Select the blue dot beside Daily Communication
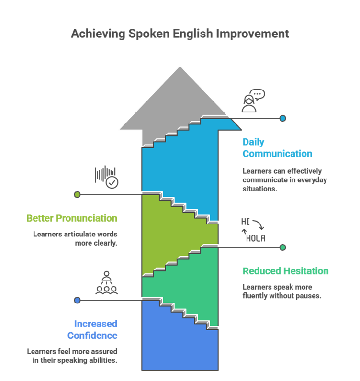pos(283,118)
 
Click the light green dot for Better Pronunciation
pos(77,194)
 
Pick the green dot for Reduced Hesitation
pos(283,247)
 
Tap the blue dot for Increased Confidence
pos(77,300)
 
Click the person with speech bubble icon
pos(252,101)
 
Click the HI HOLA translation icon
pos(252,230)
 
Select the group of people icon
pos(106,283)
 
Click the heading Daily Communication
pos(277,148)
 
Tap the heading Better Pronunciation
pos(72,218)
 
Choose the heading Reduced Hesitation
pos(285,271)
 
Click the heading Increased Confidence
pos(92,330)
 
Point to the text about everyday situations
pos(284,179)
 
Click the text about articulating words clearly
pos(75,238)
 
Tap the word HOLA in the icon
pos(255,238)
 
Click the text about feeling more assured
pos(72,356)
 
